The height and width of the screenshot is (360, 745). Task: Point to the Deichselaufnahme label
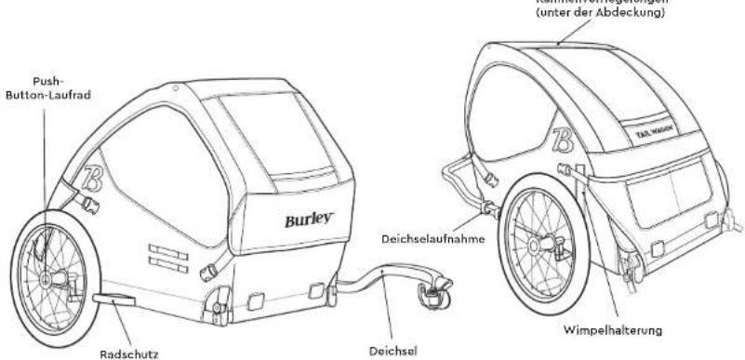(x=432, y=236)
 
